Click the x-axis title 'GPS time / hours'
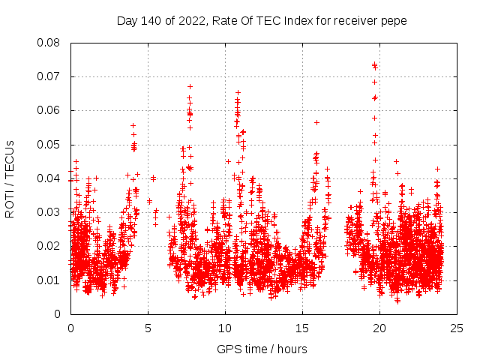click(262, 349)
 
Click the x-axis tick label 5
click(148, 328)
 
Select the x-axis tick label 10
click(225, 328)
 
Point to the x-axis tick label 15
click(302, 328)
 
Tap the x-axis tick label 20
click(379, 328)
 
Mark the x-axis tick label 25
click(457, 328)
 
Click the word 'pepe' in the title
click(394, 21)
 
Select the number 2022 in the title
click(191, 21)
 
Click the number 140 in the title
click(154, 21)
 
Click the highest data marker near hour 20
click(374, 64)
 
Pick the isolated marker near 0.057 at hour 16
click(316, 122)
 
